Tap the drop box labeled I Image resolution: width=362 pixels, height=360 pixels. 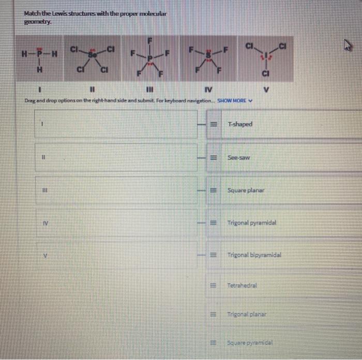tap(116, 124)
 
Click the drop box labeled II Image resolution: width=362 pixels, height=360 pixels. tap(116, 158)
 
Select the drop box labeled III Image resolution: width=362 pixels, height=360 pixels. tap(116, 190)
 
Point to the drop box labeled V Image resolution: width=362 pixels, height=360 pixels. tap(116, 255)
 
